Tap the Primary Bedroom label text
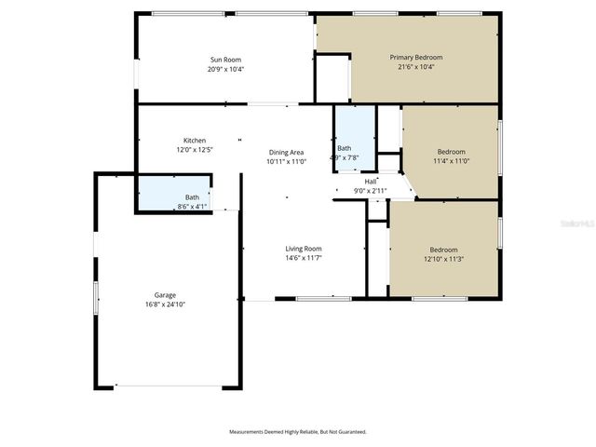pos(415,58)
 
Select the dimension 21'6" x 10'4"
pos(415,67)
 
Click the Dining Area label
pos(286,152)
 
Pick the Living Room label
pos(304,249)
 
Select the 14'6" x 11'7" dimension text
pos(304,258)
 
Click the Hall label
pos(371,181)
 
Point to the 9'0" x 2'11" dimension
pos(371,190)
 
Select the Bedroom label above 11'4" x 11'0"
pos(452,152)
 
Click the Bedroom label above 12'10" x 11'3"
pos(443,249)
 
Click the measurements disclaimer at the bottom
pos(298,432)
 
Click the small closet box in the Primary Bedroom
pos(332,78)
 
